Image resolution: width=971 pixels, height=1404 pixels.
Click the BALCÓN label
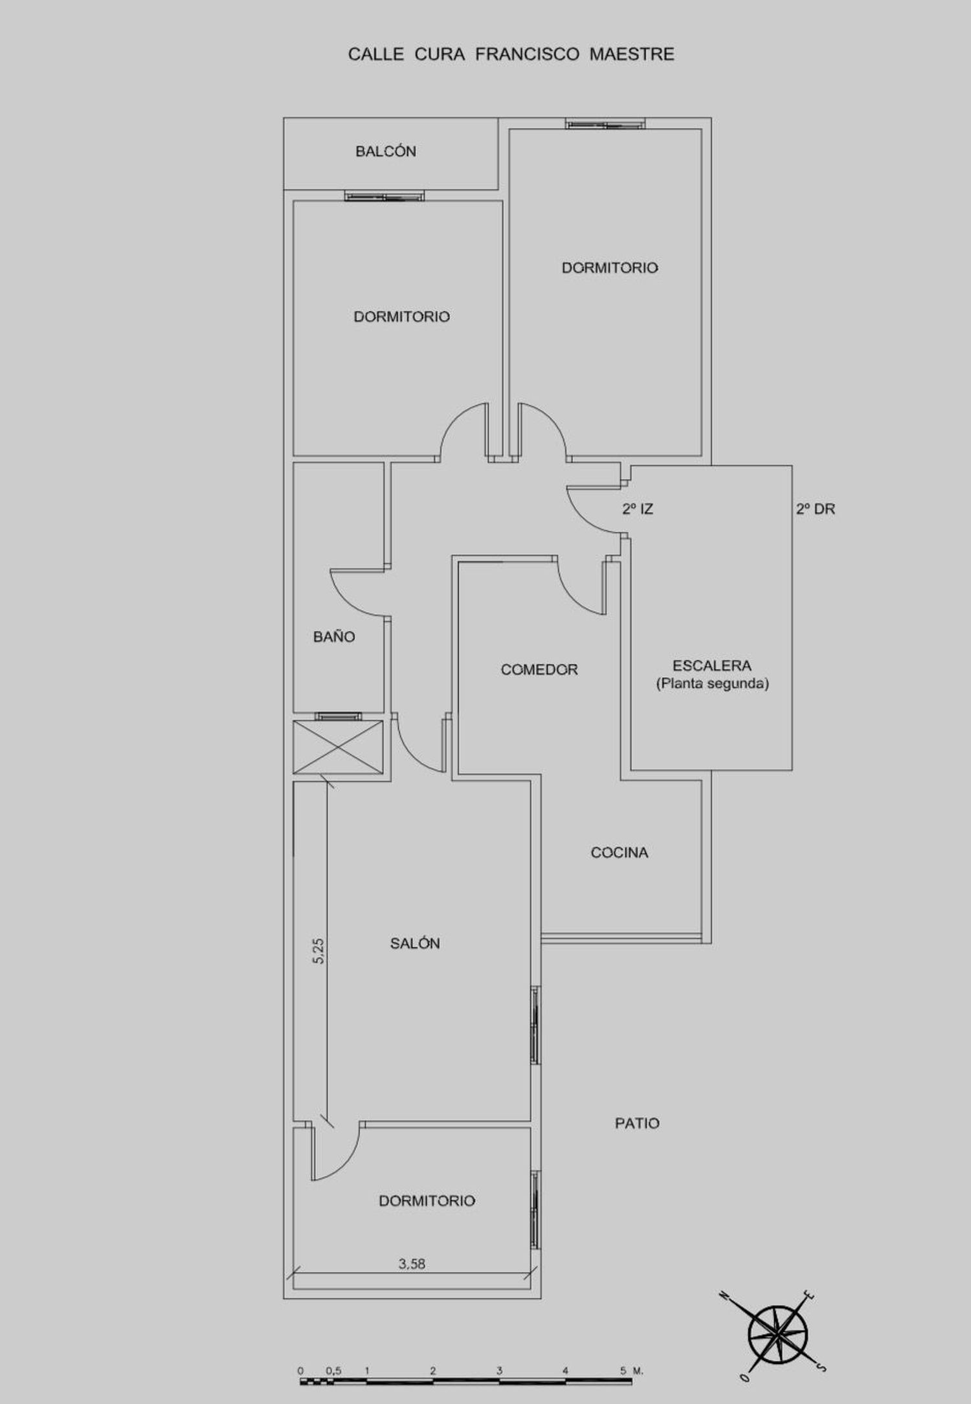(x=385, y=151)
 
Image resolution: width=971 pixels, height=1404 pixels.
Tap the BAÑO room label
(x=334, y=637)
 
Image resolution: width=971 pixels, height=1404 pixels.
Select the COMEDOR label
(x=539, y=670)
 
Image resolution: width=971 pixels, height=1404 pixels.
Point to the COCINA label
(x=619, y=853)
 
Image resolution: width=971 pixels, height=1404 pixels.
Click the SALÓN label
(x=415, y=943)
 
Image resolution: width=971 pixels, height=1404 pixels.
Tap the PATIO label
(x=637, y=1123)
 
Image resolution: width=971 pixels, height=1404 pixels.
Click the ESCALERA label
(x=711, y=666)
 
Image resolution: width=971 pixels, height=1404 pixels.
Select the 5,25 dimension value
(x=318, y=950)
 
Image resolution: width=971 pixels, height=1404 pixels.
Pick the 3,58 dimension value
(x=412, y=1264)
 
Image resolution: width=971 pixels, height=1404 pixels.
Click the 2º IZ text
(x=638, y=509)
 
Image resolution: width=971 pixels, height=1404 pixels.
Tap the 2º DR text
(x=816, y=509)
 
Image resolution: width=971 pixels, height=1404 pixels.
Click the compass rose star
(x=778, y=1332)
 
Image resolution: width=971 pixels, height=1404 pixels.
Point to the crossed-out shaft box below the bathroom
(x=338, y=747)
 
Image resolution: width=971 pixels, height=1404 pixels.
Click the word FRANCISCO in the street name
(x=528, y=54)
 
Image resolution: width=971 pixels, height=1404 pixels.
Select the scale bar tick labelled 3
(x=500, y=1370)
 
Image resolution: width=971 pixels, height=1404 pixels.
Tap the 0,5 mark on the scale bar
(x=334, y=1370)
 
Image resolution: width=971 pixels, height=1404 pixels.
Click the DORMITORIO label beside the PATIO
(x=427, y=1201)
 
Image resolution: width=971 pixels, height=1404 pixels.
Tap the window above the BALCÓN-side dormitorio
(x=385, y=196)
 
